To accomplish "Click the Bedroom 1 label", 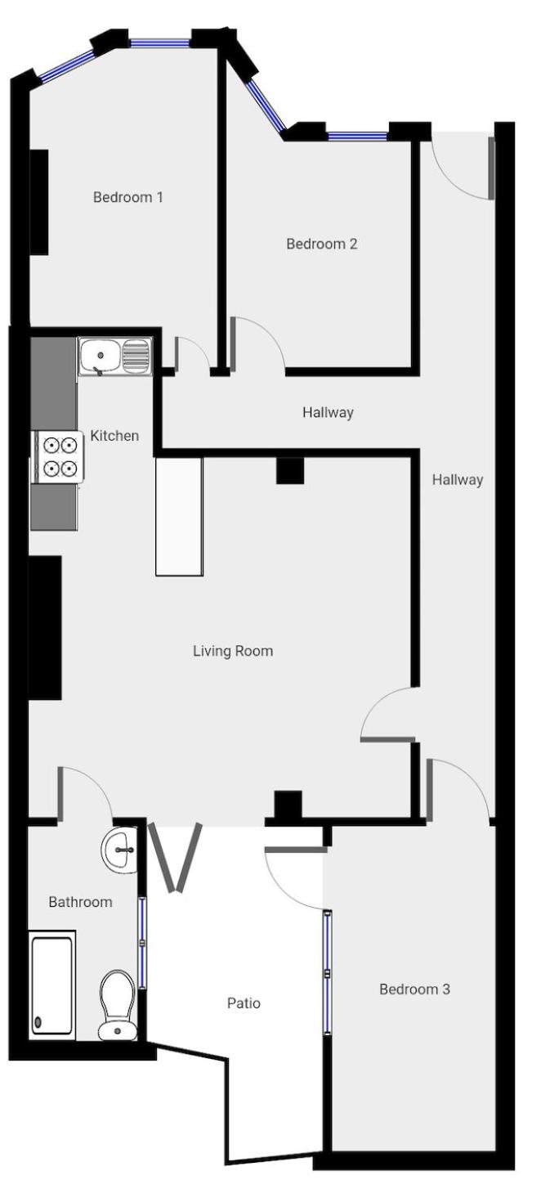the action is coord(127,197).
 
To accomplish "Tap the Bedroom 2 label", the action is coord(321,244).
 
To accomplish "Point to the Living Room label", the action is coord(233,651).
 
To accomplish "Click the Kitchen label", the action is coord(114,436).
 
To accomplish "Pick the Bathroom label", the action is coord(80,902).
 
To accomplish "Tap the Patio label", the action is coord(244,1003).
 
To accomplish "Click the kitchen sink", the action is coord(115,357).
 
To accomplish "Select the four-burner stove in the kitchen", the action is coord(59,457).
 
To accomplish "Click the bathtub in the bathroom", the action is coord(52,985).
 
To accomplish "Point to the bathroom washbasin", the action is coord(120,850).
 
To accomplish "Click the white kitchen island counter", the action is coord(179,517).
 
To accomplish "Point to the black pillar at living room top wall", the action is coord(290,470).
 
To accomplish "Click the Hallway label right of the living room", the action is coord(457,480).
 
